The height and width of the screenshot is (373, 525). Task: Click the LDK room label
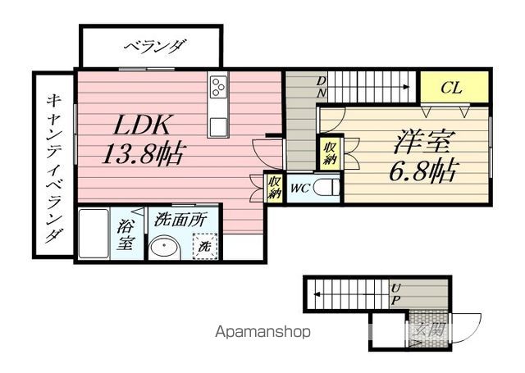click(141, 125)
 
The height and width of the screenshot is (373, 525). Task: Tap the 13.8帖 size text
click(142, 153)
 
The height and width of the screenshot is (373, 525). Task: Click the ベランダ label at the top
click(152, 47)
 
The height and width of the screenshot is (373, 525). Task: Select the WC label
click(299, 189)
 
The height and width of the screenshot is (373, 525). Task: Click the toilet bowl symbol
click(327, 189)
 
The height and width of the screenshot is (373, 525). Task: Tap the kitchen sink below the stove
click(219, 126)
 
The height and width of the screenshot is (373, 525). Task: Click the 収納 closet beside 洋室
click(329, 153)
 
